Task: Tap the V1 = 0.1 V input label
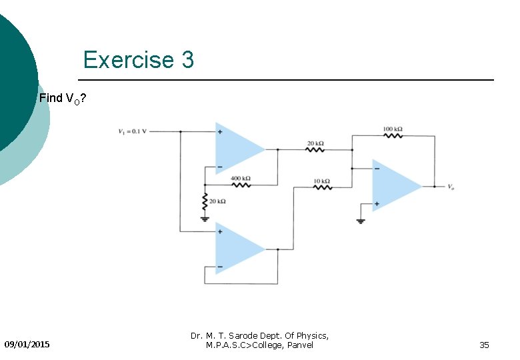(x=133, y=131)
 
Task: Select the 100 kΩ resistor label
(x=393, y=129)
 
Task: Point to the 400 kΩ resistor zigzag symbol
(x=241, y=185)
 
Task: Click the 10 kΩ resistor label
(x=322, y=181)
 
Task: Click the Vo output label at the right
(x=451, y=187)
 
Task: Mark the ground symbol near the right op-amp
(x=361, y=221)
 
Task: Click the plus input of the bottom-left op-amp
(x=219, y=232)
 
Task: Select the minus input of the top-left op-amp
(x=219, y=166)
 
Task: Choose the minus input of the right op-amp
(x=377, y=169)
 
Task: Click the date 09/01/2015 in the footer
(x=27, y=345)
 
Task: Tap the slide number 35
(x=484, y=345)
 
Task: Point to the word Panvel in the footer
(x=299, y=345)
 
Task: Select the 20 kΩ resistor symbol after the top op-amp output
(x=315, y=150)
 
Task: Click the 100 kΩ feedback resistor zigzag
(x=393, y=135)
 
